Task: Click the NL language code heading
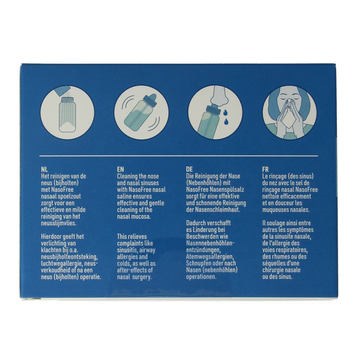coord(44,169)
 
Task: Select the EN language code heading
coord(121,169)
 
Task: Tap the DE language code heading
coord(189,169)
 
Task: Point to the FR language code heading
coord(265,169)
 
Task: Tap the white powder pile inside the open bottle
coord(67,127)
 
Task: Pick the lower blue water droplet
coord(226,121)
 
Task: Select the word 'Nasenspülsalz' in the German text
coord(227,190)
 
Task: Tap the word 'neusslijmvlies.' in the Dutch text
coord(59,223)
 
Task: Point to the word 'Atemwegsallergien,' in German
coord(210,257)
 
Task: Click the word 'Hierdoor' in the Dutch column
coord(51,236)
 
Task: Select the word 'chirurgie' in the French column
coord(273,270)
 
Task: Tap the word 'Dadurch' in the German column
coord(195,223)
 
